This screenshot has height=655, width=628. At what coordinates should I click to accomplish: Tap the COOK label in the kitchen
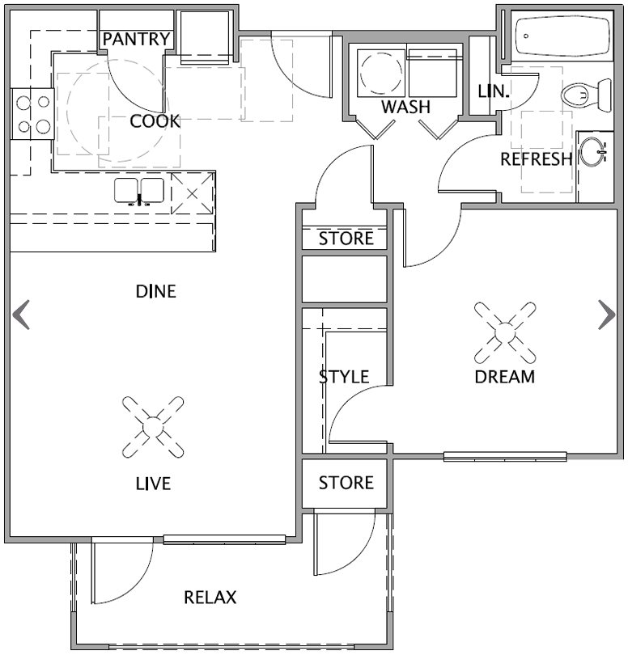click(155, 121)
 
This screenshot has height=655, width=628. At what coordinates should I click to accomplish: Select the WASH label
click(405, 108)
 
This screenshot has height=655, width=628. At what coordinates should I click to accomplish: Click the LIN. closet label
click(493, 91)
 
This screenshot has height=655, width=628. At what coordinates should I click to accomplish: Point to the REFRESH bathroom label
click(537, 158)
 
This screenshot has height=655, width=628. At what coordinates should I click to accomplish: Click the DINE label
click(155, 291)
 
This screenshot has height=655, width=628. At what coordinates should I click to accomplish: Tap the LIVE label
click(153, 484)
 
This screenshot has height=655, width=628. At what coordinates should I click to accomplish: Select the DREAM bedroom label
click(505, 376)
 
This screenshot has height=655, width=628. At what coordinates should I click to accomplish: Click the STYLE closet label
click(344, 377)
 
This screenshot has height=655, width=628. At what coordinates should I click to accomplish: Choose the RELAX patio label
click(210, 598)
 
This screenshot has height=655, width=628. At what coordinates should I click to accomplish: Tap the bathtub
click(563, 36)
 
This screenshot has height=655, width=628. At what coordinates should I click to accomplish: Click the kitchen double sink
click(139, 191)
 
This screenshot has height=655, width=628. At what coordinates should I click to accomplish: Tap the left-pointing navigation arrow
click(22, 315)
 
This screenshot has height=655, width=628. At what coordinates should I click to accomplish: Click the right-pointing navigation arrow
click(606, 315)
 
